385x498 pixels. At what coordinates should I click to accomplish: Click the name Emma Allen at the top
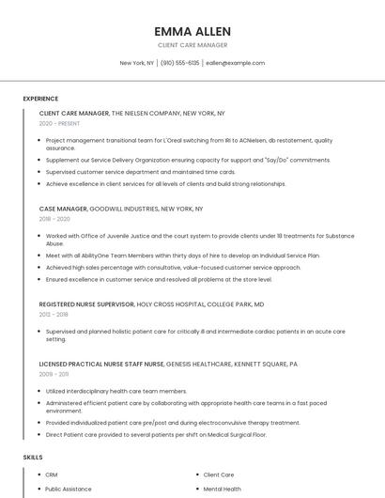192,30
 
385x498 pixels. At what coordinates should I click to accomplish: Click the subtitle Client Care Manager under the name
192,45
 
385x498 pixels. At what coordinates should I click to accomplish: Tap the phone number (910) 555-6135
180,63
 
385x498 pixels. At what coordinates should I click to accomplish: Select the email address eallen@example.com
235,63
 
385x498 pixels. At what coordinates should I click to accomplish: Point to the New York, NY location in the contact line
137,63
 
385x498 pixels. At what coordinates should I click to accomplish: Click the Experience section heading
40,99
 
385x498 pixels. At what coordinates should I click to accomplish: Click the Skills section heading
33,457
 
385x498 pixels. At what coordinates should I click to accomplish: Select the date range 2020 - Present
59,124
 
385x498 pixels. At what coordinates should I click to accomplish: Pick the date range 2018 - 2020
54,219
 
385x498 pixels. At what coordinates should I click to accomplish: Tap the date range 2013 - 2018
54,315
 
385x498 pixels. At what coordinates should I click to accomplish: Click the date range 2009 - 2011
54,374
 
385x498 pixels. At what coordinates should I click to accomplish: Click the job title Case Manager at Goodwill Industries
63,209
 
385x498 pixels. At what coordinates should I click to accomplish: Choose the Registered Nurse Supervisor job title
86,304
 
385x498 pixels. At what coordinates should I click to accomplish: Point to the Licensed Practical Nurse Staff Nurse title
101,364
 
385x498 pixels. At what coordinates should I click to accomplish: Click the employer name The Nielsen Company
146,113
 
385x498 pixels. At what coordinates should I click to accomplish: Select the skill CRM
52,475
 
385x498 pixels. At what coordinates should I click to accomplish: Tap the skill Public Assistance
68,489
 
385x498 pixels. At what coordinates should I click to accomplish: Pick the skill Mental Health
222,489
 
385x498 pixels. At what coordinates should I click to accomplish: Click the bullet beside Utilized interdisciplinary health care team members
39,391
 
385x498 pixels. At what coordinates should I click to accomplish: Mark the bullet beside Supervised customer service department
39,172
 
